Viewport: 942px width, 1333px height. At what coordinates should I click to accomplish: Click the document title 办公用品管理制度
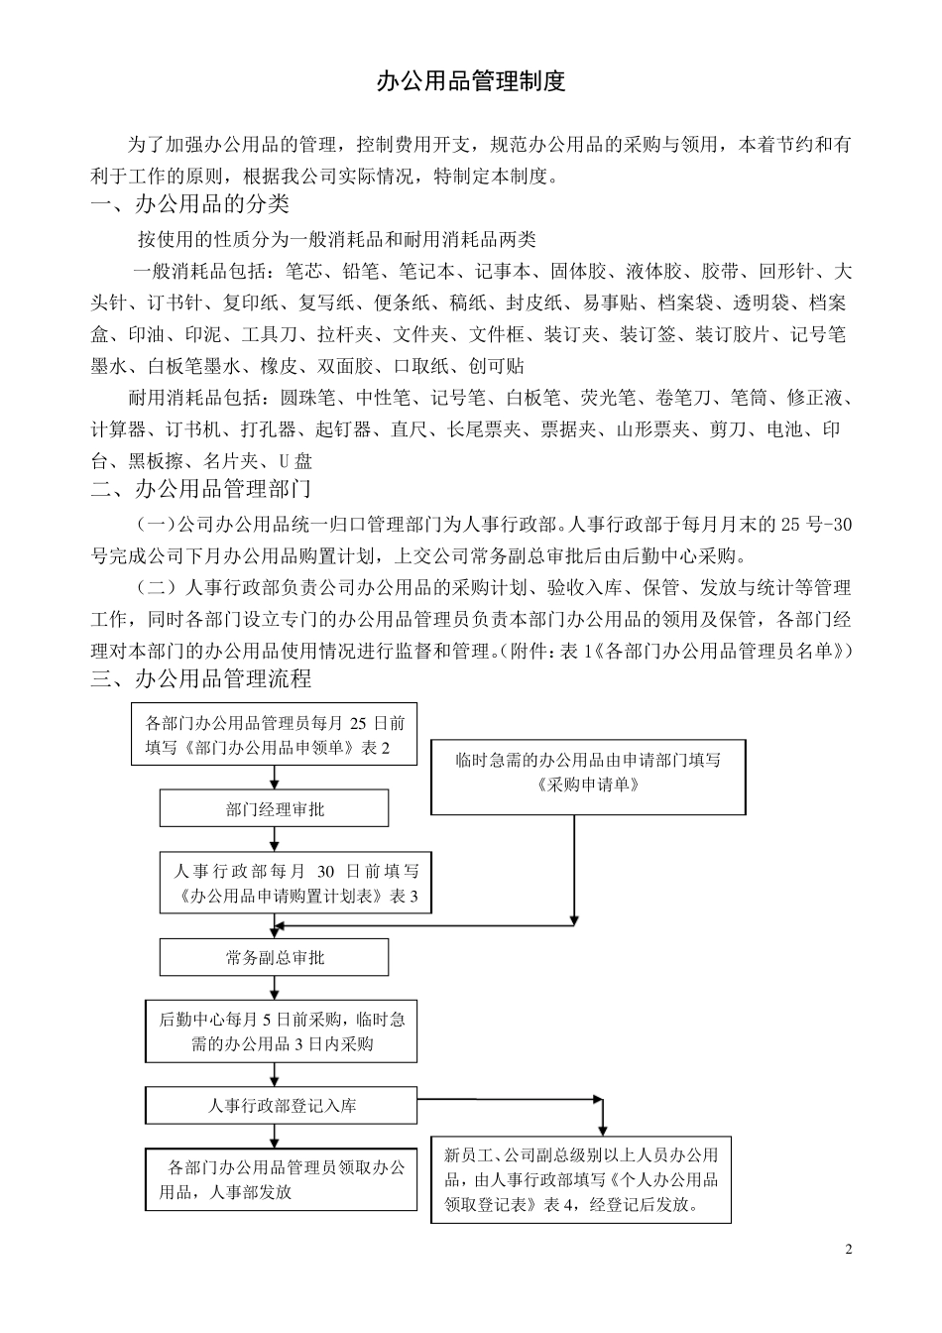point(471,82)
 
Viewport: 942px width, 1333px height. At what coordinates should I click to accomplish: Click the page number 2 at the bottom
point(848,1248)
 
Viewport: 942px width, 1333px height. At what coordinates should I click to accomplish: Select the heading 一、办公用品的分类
point(190,205)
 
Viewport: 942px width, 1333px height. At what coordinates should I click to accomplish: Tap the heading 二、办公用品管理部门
point(201,488)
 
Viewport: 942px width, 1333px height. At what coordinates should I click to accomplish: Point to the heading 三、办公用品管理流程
point(201,678)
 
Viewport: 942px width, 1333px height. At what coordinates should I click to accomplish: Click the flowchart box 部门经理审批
point(275,809)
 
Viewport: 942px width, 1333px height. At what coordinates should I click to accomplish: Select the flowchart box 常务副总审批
point(275,957)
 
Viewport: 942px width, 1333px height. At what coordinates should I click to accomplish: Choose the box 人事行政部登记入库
point(282,1105)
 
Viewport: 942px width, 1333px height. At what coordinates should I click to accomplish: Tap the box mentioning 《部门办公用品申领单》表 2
point(275,735)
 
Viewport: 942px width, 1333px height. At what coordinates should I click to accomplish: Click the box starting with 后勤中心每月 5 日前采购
point(282,1030)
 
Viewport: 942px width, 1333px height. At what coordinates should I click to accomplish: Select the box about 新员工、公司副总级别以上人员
point(581,1180)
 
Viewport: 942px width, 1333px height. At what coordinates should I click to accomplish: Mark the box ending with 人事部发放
point(282,1179)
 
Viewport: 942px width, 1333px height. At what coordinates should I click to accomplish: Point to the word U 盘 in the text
point(294,461)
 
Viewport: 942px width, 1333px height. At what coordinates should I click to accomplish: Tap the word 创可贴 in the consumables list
point(498,366)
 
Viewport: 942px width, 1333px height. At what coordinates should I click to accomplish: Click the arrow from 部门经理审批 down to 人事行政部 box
point(275,839)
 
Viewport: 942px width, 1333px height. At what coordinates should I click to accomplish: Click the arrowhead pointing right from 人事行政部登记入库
point(597,1099)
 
